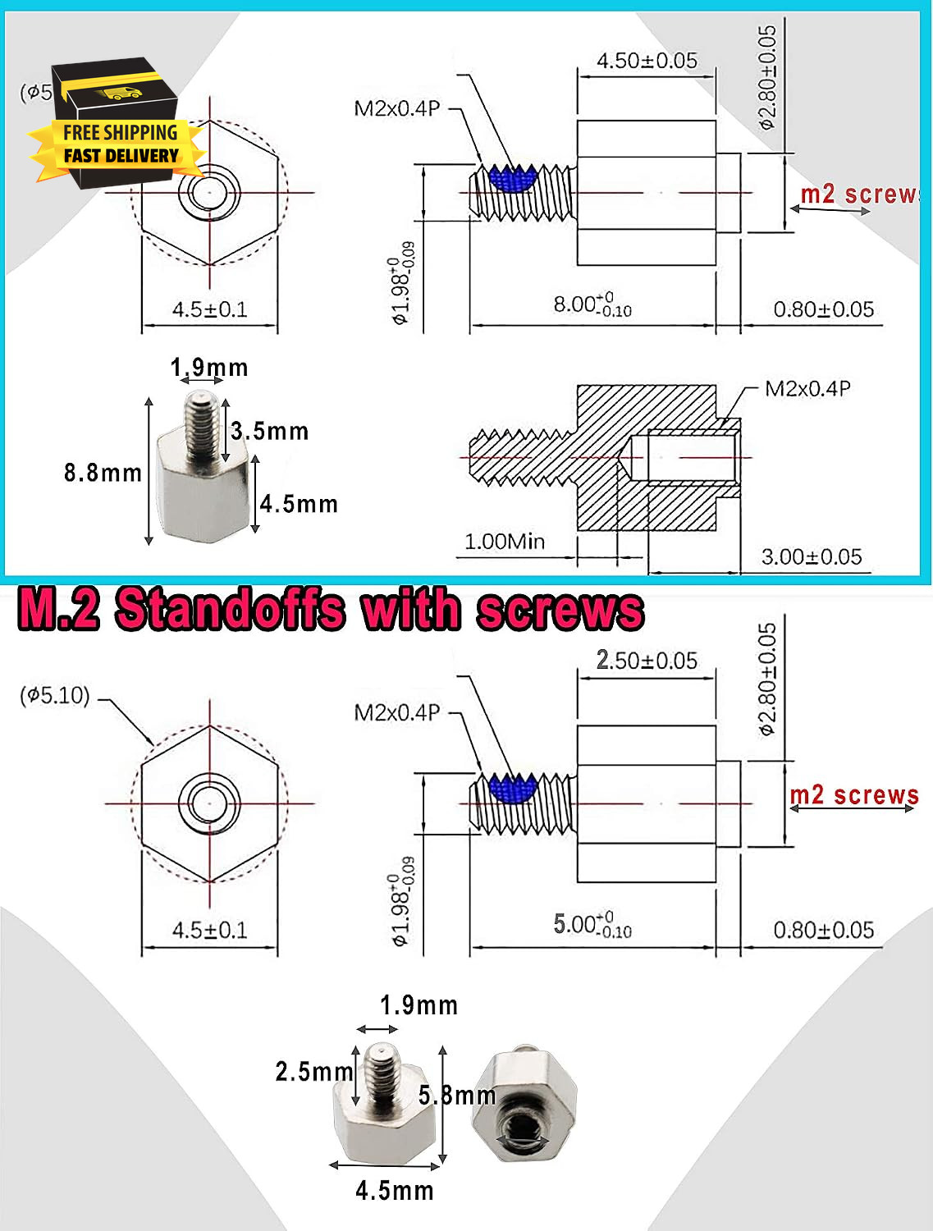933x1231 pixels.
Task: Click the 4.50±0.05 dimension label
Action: tap(647, 61)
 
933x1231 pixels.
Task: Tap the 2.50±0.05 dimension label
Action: tap(647, 660)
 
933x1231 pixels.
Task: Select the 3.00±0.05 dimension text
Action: tap(812, 557)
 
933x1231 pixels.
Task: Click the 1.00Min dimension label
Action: tap(505, 542)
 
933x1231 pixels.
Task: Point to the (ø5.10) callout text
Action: tap(55, 695)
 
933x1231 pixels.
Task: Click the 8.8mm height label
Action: tap(103, 473)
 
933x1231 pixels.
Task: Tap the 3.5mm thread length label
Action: tap(270, 432)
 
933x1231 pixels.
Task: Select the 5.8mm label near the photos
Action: tap(457, 1095)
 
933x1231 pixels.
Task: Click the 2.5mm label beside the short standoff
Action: tap(314, 1072)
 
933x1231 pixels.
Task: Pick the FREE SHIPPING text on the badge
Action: tap(120, 133)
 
